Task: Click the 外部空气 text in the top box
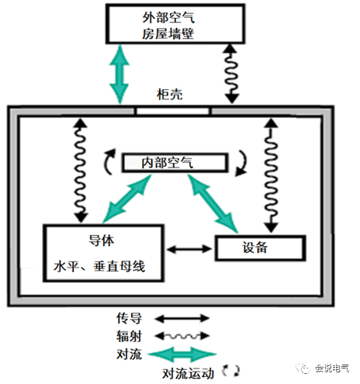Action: tap(168, 18)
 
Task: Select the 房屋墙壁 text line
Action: tap(168, 33)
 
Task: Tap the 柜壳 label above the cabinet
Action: tap(170, 95)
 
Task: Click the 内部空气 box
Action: tap(175, 163)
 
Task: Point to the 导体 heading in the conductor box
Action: tap(101, 240)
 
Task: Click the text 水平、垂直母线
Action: tap(99, 266)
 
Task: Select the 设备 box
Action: tap(261, 247)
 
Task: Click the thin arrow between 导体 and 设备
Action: tap(189, 249)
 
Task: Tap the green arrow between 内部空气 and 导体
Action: tap(127, 198)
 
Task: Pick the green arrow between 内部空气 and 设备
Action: tap(213, 203)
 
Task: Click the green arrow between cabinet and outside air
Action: tap(119, 74)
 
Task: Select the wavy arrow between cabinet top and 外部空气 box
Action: tap(231, 74)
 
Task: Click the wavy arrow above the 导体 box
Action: tap(81, 170)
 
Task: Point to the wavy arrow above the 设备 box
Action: tap(271, 175)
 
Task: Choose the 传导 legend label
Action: tap(129, 318)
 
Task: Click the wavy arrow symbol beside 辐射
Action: tap(182, 336)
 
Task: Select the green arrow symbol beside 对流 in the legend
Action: tap(182, 355)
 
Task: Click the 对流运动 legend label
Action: tap(189, 373)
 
